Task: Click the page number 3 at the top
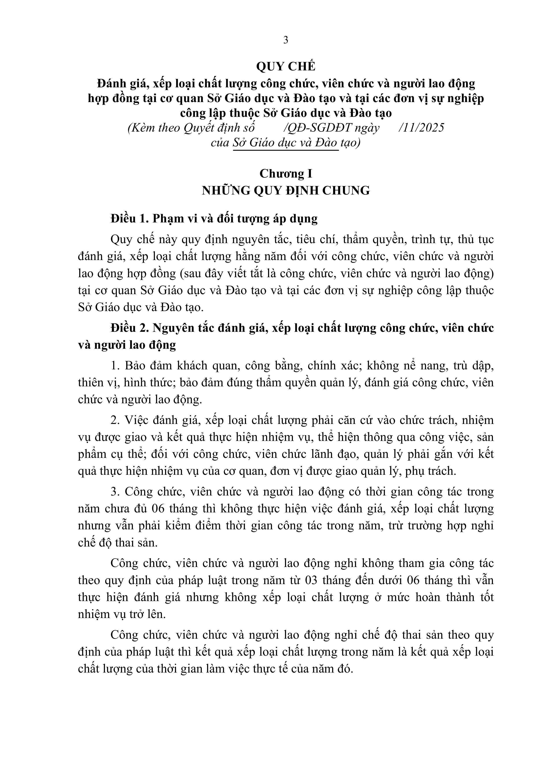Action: point(286,40)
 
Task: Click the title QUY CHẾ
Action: point(286,67)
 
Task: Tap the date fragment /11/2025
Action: point(421,128)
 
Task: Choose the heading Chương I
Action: point(286,174)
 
